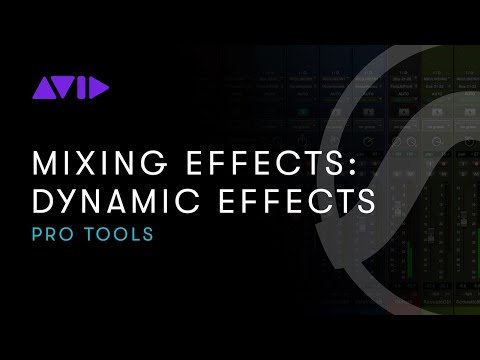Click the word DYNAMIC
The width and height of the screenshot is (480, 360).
pyautogui.click(x=116, y=201)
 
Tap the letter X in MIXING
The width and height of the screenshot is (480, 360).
pyautogui.click(x=85, y=162)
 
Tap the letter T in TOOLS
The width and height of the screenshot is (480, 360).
pyautogui.click(x=92, y=236)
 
